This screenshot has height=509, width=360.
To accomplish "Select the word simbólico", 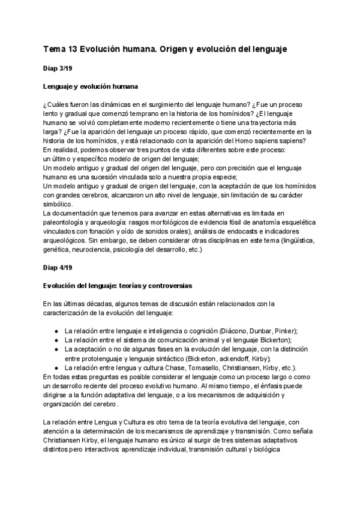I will point(58,204).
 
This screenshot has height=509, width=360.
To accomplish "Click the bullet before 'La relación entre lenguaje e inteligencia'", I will point(56,331).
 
